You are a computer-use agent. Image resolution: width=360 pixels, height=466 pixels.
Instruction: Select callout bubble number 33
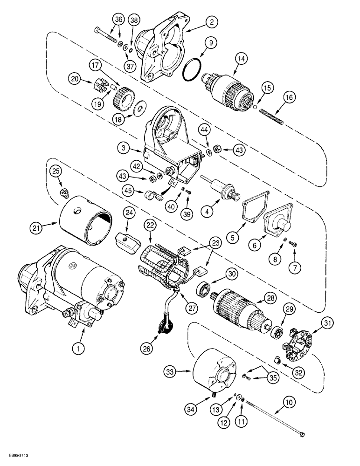[x=171, y=372]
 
